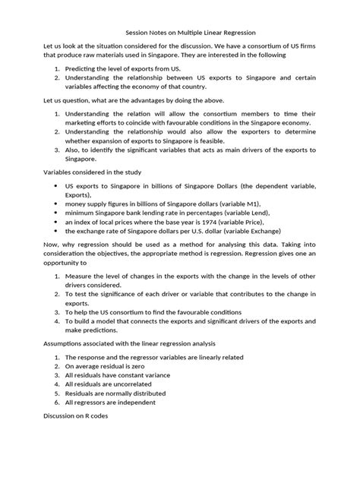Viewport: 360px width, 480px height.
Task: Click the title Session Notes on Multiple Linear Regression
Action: pyautogui.click(x=180, y=33)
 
